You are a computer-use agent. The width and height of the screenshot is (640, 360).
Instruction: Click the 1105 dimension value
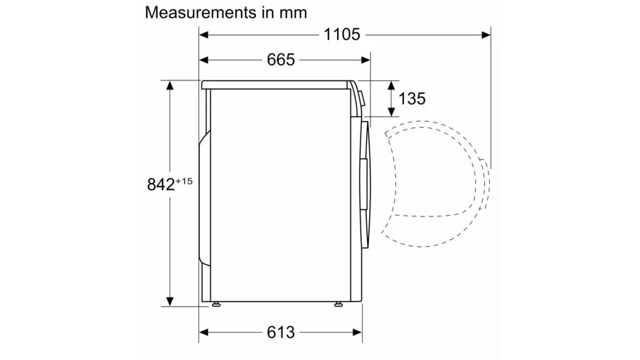pyautogui.click(x=341, y=35)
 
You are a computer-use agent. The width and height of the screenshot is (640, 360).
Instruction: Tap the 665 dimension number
pyautogui.click(x=281, y=60)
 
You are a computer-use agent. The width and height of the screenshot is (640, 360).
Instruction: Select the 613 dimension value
pyautogui.click(x=281, y=332)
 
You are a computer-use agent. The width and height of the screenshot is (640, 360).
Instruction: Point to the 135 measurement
pyautogui.click(x=412, y=99)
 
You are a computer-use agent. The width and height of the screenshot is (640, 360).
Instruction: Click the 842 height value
pyautogui.click(x=161, y=184)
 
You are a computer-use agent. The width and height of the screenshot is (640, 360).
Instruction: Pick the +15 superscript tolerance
pyautogui.click(x=183, y=181)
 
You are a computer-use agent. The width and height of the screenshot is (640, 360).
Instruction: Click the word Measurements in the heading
pyautogui.click(x=201, y=13)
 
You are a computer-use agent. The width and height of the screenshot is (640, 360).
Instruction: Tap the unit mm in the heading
pyautogui.click(x=293, y=14)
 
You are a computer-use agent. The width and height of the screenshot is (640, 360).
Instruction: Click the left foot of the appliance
pyautogui.click(x=215, y=304)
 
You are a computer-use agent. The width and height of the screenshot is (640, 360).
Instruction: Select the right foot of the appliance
pyautogui.click(x=338, y=304)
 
